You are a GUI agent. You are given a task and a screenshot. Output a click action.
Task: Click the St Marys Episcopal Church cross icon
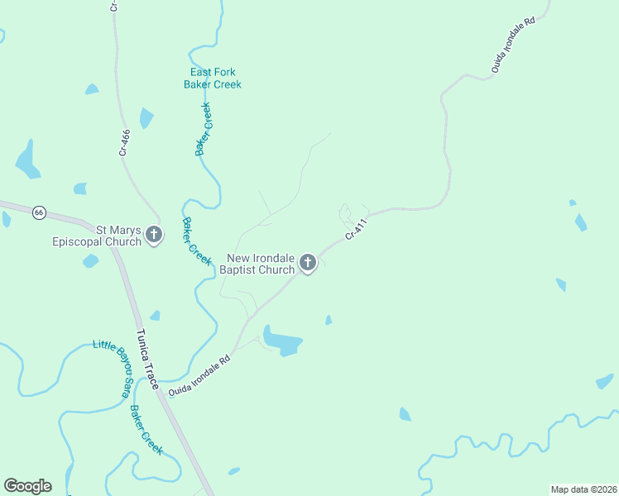[x=154, y=235]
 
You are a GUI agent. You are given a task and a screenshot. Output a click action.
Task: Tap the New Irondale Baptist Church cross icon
[x=307, y=263]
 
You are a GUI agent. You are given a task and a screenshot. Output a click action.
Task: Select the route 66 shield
[x=39, y=212]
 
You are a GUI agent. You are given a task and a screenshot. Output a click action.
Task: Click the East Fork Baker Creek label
[x=212, y=78]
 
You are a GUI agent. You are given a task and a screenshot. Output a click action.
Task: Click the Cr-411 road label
[x=355, y=230]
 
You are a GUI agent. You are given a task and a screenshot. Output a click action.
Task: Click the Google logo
[x=27, y=486]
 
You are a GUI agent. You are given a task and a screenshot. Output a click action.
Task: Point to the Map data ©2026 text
[x=583, y=489]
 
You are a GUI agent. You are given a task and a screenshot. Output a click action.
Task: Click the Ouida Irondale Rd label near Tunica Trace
[x=199, y=376]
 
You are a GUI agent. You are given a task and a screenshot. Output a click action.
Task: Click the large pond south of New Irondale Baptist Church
[x=283, y=341]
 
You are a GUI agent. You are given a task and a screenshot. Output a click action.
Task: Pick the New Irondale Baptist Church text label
[x=257, y=264]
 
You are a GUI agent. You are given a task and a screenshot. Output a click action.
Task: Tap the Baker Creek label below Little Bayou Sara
[x=146, y=430]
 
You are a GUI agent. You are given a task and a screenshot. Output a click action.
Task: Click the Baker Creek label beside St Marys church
[x=196, y=241]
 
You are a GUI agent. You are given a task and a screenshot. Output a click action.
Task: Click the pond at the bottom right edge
[x=604, y=382]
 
